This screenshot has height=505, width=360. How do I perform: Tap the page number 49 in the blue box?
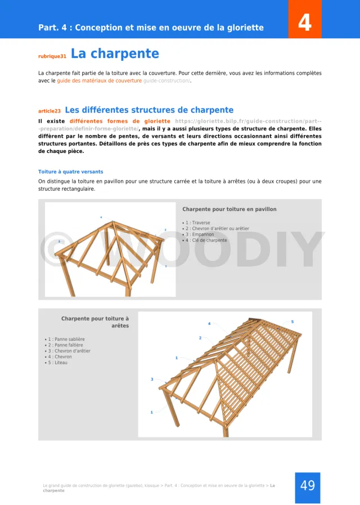(307, 485)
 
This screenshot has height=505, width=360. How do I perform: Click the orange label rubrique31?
(52, 56)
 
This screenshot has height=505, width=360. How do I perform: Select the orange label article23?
(49, 111)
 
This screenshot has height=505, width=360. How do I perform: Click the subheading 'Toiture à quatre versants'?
(70, 172)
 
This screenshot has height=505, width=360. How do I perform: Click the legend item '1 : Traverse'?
(197, 223)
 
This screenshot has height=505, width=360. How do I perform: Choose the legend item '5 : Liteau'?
(58, 363)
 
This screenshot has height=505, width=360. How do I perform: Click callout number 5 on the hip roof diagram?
(292, 322)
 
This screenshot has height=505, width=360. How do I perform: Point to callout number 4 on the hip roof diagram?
(209, 324)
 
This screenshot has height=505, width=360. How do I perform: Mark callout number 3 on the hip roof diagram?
(152, 380)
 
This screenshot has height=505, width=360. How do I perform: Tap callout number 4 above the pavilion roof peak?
(101, 217)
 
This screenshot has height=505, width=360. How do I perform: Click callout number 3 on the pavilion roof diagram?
(59, 241)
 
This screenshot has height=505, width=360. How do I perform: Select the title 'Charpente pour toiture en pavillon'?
(229, 209)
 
